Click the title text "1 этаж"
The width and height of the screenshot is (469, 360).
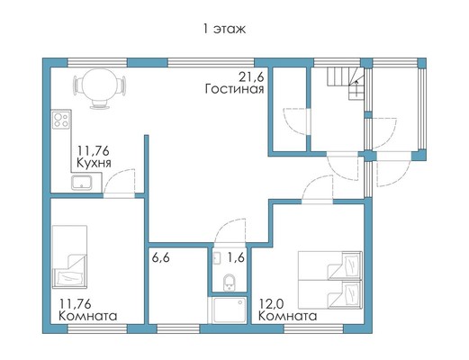click(224, 29)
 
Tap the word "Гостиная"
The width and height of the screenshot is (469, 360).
click(234, 89)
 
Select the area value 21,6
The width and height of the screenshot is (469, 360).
click(251, 77)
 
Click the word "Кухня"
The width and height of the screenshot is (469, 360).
click(94, 163)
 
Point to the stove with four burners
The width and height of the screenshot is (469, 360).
click(62, 120)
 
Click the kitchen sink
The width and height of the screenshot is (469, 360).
click(81, 183)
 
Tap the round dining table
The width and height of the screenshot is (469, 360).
click(99, 85)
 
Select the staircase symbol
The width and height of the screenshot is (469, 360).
click(346, 83)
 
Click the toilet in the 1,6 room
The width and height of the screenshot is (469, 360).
click(230, 283)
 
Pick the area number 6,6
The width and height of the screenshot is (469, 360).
click(160, 257)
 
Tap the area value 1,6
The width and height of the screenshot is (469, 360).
click(236, 257)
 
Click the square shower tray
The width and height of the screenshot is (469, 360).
click(230, 310)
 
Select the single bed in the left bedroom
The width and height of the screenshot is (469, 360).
click(69, 256)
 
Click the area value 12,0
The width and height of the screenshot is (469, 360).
click(271, 304)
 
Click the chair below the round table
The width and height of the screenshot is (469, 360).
click(99, 104)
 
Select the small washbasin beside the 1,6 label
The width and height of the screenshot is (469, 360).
click(217, 258)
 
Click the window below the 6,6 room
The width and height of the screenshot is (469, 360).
click(178, 328)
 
